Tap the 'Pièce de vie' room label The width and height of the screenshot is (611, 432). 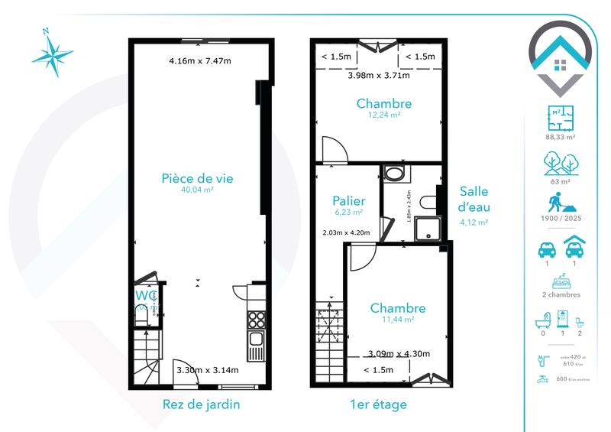tap(197, 178)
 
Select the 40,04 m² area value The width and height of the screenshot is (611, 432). tap(197, 191)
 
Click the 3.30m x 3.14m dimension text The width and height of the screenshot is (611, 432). tap(208, 371)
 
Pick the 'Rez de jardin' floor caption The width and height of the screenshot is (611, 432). tap(202, 404)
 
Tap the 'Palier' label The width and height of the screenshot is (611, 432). tap(348, 200)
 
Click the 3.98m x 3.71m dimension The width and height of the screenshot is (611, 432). tap(379, 75)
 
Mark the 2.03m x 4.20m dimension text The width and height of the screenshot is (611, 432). tap(347, 232)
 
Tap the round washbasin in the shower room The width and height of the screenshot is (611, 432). tap(395, 174)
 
